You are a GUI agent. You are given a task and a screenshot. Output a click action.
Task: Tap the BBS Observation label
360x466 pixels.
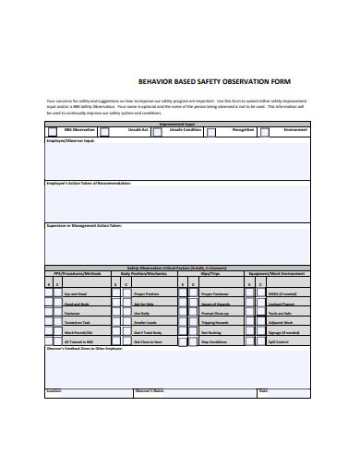75,130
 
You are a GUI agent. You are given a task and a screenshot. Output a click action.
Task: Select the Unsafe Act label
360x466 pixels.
138,130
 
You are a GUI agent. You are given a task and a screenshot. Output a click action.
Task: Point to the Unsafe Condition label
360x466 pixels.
187,130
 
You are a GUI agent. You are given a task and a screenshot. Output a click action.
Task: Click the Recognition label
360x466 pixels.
243,130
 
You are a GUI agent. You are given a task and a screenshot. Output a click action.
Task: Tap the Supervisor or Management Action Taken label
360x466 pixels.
84,225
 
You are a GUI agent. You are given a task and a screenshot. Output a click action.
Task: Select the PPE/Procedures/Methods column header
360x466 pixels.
77,274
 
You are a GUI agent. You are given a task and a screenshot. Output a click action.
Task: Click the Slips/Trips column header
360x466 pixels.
210,274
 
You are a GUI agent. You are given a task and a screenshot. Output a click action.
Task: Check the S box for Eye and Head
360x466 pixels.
49,293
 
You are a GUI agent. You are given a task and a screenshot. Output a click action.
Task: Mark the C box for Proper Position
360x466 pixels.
127,293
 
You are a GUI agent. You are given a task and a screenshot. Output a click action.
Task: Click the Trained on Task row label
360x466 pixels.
78,323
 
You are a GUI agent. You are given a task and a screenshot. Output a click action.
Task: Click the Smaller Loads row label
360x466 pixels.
146,323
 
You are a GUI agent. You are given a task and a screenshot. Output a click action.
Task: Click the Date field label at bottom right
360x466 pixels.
263,391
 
